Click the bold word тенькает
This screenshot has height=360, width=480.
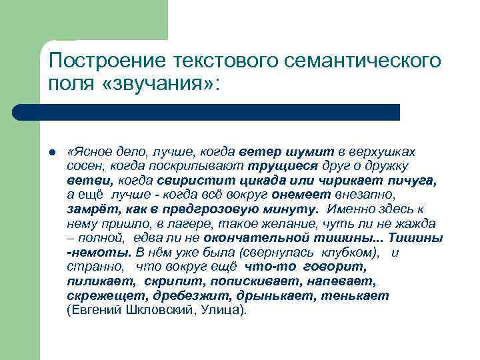point(357,295)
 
